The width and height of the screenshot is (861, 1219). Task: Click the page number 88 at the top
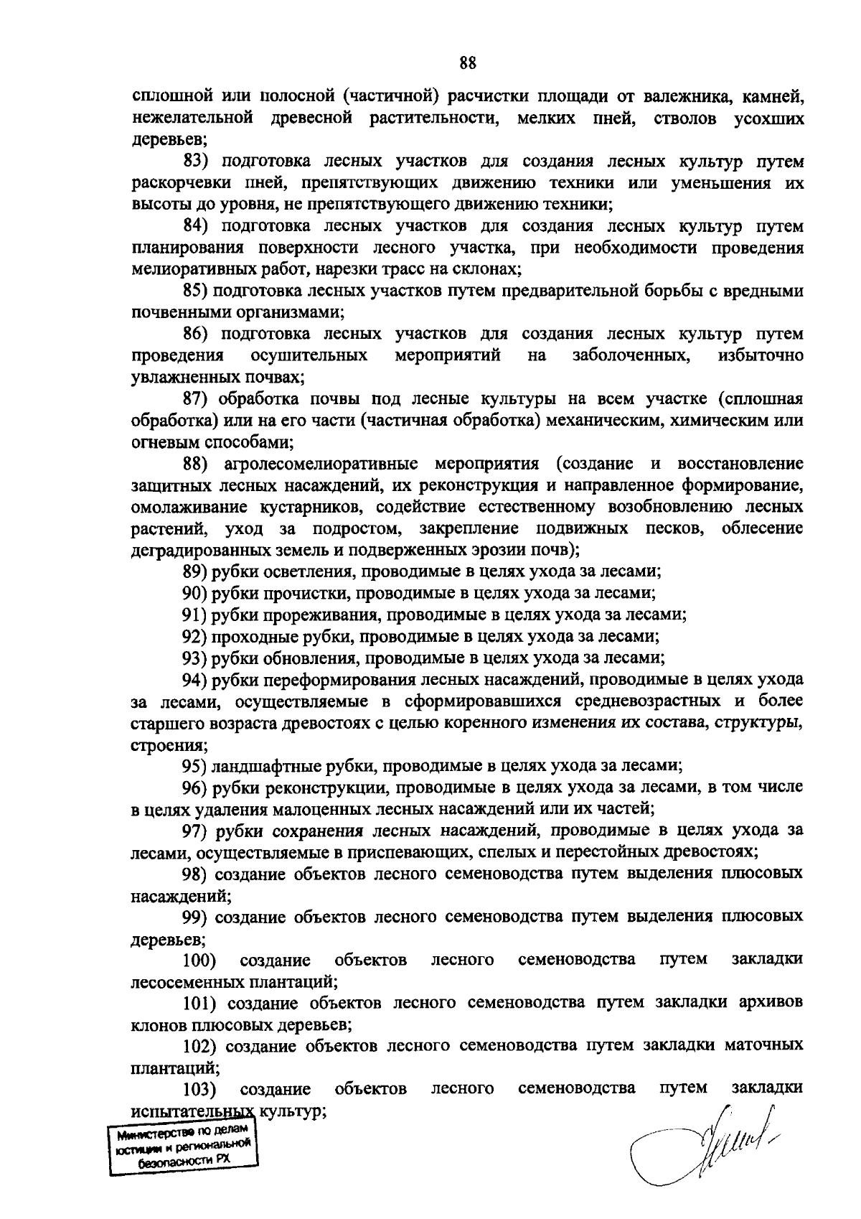pyautogui.click(x=468, y=63)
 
